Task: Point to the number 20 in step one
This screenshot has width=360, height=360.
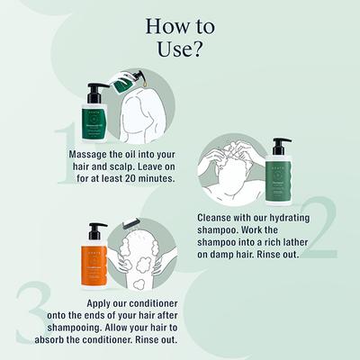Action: coord(147,178)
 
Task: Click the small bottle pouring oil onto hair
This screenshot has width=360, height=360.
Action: coord(125,85)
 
